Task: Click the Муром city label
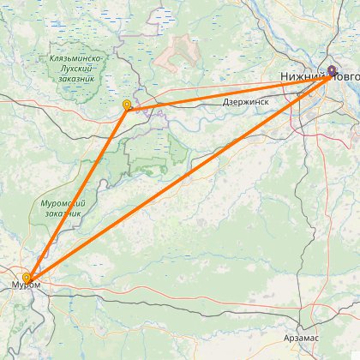coord(26,285)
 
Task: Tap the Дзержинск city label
coord(246,101)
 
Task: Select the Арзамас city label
coord(304,338)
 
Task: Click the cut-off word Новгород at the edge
coord(345,78)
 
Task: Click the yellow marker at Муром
coord(27,278)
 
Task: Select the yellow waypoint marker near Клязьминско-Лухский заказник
coord(127,105)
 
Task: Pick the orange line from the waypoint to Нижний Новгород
coord(231,89)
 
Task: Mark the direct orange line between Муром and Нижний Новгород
coord(180,176)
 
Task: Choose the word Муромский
coord(60,203)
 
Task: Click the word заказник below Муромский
coord(62,213)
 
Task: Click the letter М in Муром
coord(15,285)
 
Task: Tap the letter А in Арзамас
coord(289,338)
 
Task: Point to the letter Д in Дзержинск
coord(225,101)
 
